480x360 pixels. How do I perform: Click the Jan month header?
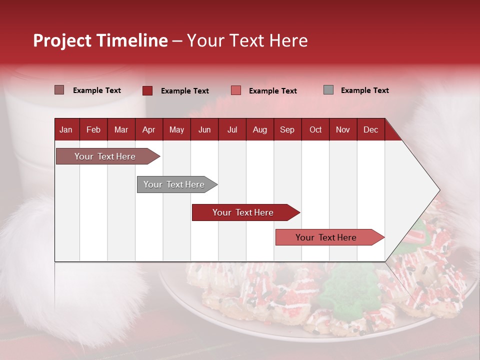[66, 129]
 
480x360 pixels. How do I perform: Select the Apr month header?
[148, 129]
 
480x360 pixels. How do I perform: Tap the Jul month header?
[232, 129]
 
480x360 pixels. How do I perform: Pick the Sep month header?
[287, 129]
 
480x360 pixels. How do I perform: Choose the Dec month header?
[370, 129]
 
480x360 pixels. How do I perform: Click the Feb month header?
[93, 129]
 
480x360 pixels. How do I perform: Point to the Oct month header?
[315, 129]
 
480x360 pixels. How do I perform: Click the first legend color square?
[59, 90]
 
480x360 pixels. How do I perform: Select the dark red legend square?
[147, 90]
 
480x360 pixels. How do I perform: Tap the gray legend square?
[328, 90]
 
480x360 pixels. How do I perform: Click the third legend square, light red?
[236, 90]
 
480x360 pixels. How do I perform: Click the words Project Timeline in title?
[100, 40]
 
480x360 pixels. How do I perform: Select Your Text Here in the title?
[247, 40]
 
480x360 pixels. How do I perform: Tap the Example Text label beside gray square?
[364, 90]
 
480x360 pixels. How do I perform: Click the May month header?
[176, 129]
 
